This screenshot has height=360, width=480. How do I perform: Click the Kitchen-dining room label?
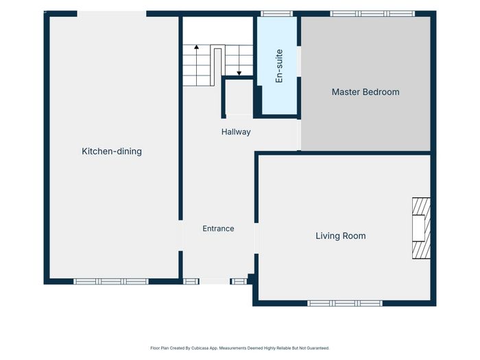[112, 152]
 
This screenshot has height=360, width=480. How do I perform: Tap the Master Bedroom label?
[365, 92]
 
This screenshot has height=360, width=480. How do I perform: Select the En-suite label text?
[279, 66]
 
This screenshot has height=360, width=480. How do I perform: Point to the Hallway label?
[236, 132]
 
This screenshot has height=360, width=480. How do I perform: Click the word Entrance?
[218, 228]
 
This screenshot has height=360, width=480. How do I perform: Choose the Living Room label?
[341, 236]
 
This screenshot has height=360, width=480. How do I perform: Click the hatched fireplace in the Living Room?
[421, 228]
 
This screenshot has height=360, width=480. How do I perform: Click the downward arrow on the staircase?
[239, 60]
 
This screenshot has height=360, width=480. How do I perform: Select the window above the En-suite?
[277, 14]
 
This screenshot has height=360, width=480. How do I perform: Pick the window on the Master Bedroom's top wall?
[372, 14]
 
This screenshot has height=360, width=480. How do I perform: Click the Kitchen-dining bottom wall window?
[111, 281]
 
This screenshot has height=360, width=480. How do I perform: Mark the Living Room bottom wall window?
[345, 303]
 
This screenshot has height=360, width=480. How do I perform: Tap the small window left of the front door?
[191, 281]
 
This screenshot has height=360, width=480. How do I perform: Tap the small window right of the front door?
[239, 281]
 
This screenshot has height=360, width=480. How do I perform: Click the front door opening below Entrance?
[215, 281]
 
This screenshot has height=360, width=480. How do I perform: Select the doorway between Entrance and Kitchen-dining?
[180, 236]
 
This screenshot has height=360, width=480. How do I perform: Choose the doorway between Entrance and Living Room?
[256, 239]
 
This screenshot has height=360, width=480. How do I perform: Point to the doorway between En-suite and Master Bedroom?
[299, 62]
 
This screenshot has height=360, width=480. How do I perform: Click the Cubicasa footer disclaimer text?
[240, 348]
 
